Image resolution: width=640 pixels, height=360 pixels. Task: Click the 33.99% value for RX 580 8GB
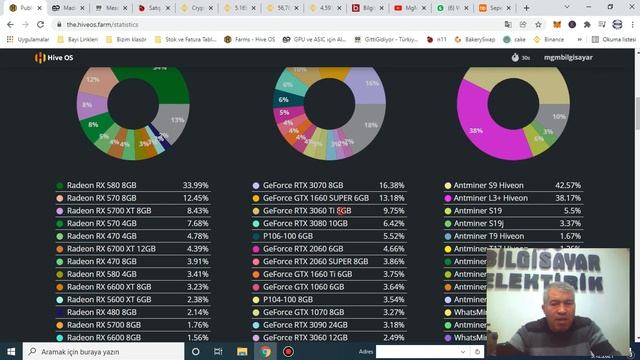[196, 185]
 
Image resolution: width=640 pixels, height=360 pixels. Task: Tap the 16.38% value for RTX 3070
[392, 185]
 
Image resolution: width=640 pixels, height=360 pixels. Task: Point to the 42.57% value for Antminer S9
[595, 185]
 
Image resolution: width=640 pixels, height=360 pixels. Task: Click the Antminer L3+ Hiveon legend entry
[490, 198]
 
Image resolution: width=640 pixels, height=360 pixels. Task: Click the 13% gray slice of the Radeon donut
[178, 121]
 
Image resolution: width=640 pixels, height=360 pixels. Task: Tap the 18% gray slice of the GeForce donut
[371, 125]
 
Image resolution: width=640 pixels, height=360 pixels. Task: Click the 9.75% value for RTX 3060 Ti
[393, 211]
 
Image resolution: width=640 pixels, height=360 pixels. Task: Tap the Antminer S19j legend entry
[479, 223]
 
